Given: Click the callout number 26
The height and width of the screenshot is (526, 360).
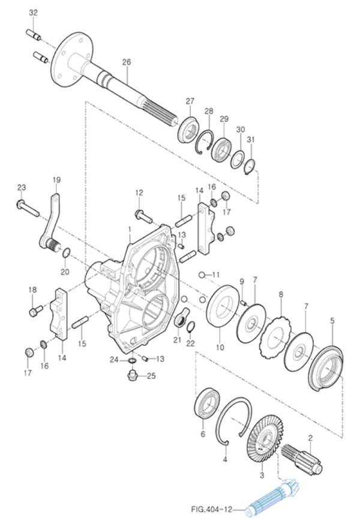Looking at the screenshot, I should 126,62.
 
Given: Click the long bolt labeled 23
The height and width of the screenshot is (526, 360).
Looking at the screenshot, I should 27,210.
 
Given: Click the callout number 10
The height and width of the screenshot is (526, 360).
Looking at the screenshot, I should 220,347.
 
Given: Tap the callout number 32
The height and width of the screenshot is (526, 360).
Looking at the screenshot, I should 33,13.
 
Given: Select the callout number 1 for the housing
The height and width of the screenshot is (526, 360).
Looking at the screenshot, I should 130,229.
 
